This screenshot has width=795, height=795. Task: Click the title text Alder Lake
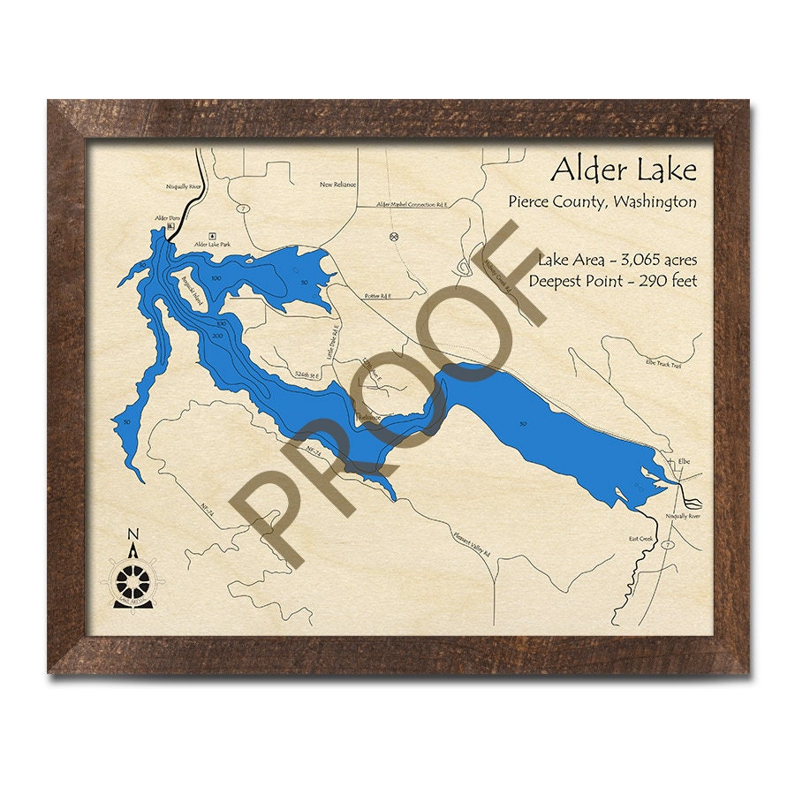(x=624, y=168)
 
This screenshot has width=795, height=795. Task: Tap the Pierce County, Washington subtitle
(x=602, y=201)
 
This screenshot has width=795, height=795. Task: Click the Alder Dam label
(x=167, y=217)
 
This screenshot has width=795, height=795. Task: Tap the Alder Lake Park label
(x=212, y=243)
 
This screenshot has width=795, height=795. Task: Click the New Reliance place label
(x=337, y=185)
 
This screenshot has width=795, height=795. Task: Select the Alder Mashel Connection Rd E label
(x=413, y=204)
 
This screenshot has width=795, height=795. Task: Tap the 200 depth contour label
(x=218, y=337)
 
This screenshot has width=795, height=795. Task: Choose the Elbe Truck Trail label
(x=663, y=364)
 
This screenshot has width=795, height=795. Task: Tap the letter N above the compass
(x=133, y=534)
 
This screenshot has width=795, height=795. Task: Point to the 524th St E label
(x=307, y=376)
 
